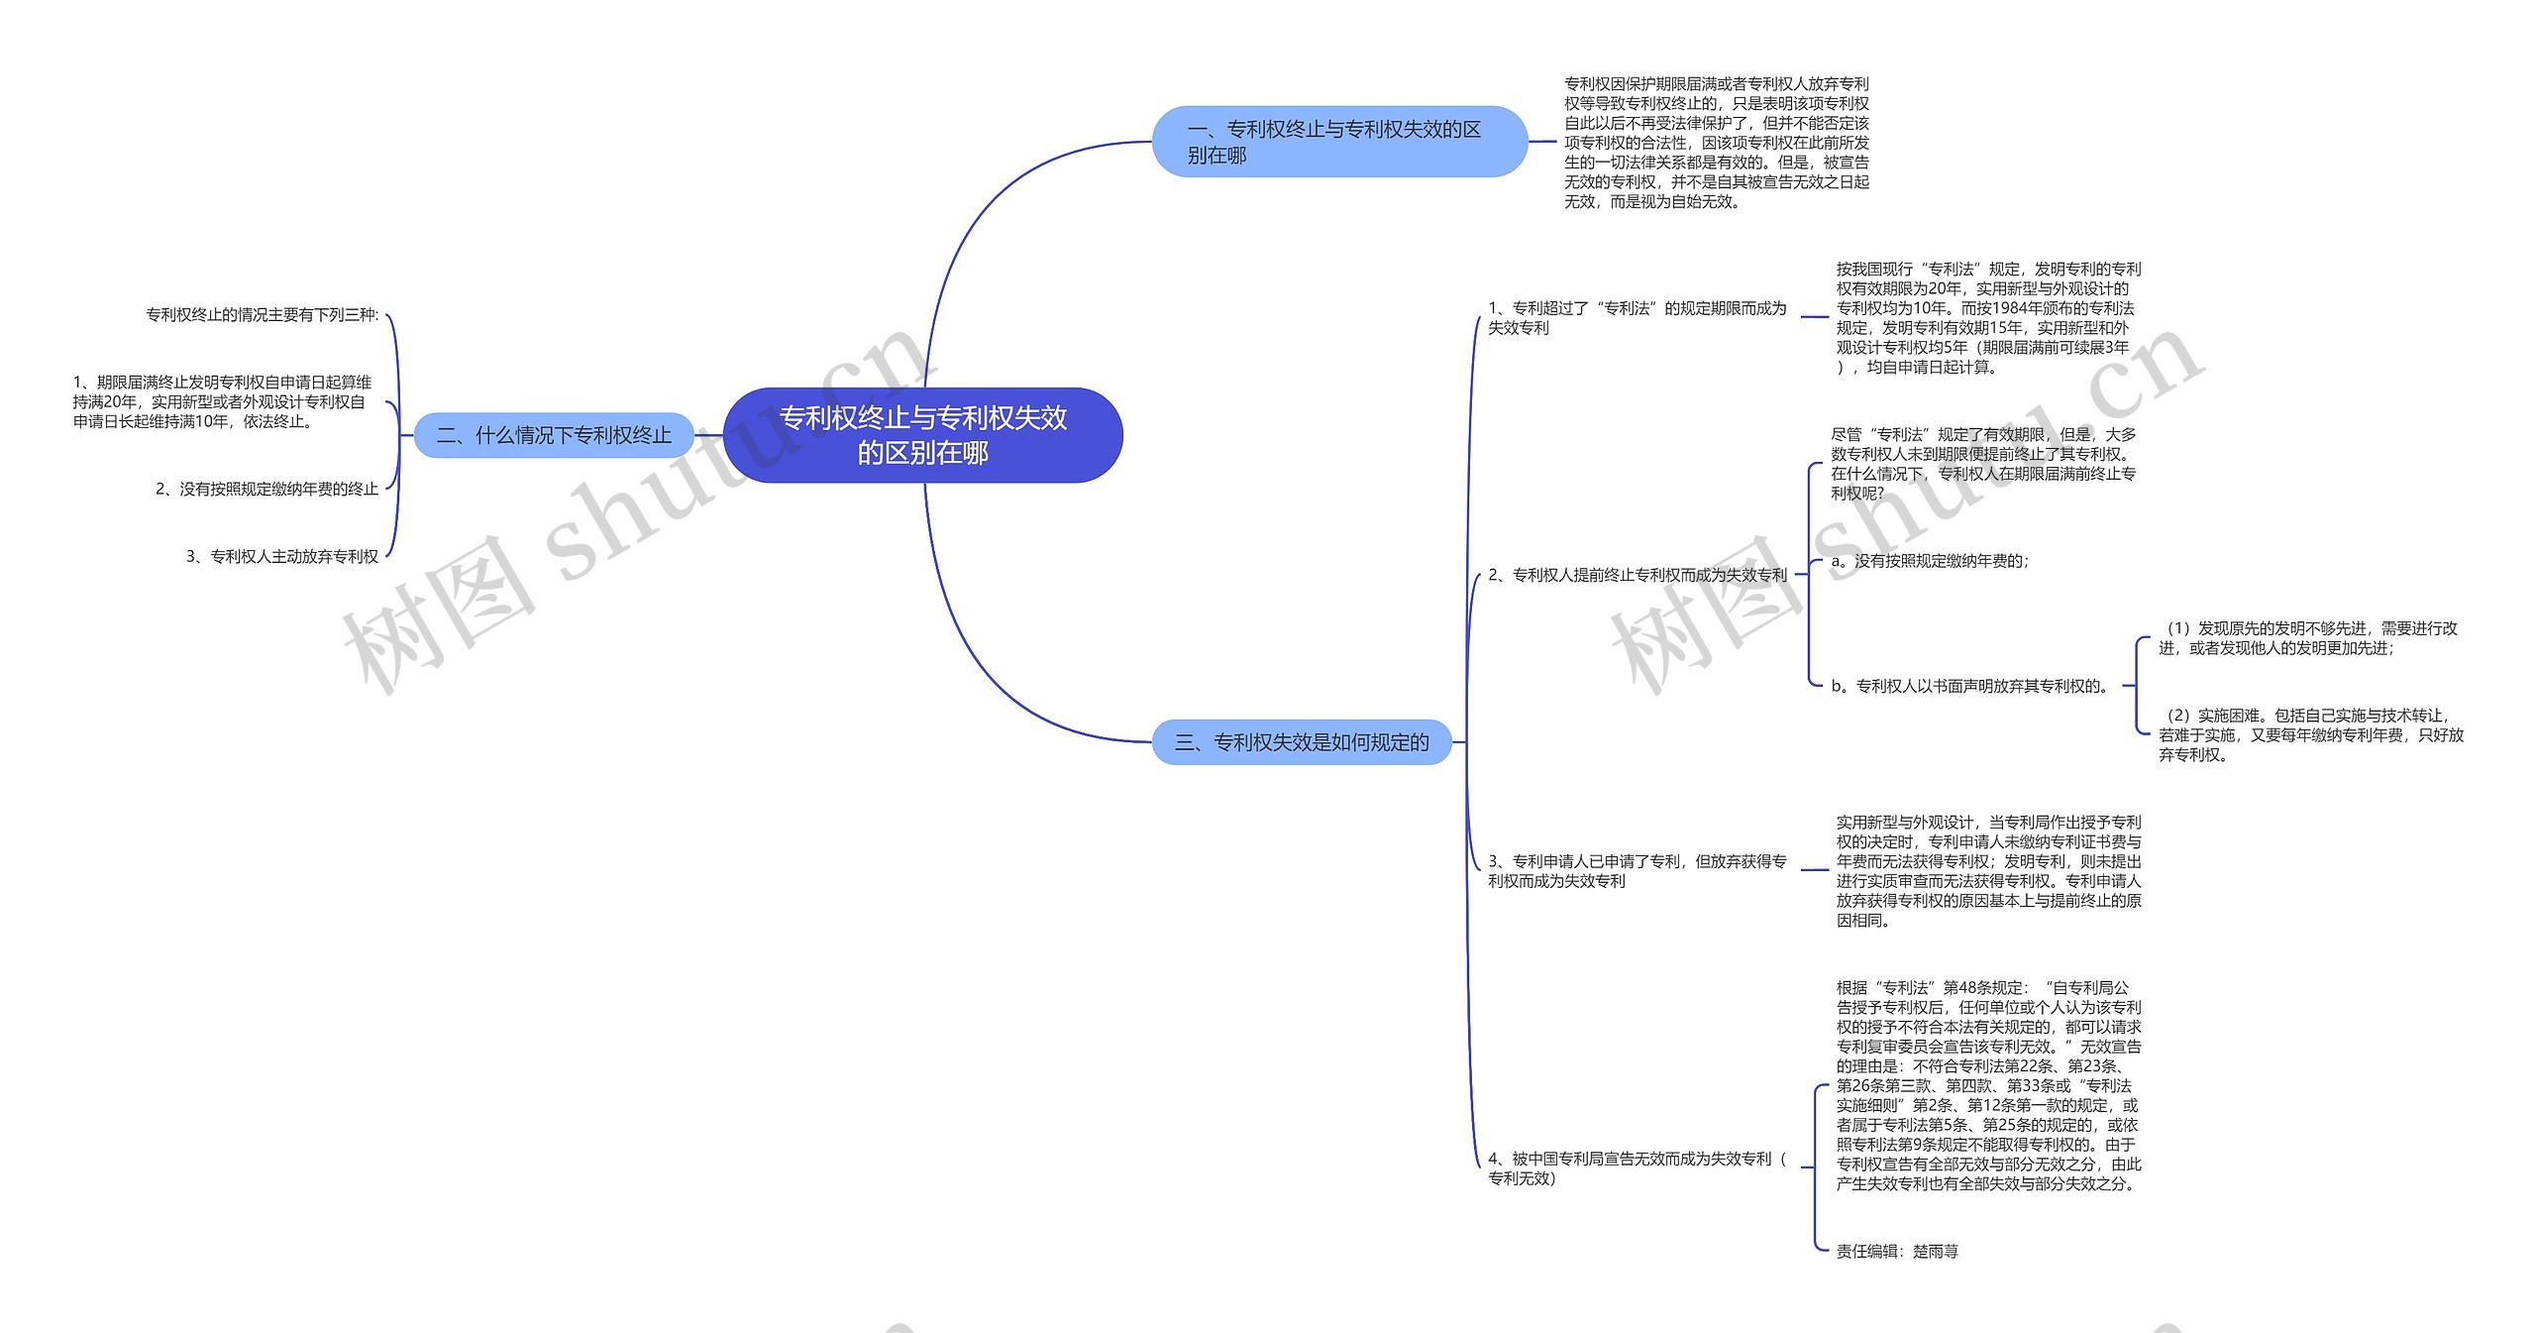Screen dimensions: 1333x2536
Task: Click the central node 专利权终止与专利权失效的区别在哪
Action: coord(922,435)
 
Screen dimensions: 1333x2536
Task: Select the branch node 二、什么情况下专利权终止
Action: coord(554,435)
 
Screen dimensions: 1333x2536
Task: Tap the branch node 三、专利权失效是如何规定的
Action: coord(1301,742)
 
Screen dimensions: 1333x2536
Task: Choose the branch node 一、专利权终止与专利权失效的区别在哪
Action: coord(1337,142)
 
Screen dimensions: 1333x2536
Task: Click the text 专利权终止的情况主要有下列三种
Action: coord(263,315)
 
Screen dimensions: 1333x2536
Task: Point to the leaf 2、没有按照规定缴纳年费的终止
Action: coord(266,489)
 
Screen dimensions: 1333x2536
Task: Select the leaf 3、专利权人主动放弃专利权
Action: coord(282,557)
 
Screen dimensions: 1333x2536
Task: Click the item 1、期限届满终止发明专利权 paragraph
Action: coord(222,401)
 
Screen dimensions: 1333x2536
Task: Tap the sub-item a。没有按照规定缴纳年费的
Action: coord(1929,561)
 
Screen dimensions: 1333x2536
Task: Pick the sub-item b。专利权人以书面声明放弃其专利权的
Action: coord(1970,686)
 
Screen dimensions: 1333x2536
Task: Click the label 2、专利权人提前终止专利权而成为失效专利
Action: coord(1637,575)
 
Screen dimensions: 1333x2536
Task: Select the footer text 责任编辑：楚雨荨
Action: coord(1896,1252)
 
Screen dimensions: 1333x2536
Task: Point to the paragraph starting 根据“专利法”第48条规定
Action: coord(1987,1085)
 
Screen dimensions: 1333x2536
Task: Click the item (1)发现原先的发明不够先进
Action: coord(2307,638)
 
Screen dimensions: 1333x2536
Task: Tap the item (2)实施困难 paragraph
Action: coord(2310,734)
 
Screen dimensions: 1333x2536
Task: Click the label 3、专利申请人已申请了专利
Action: coord(1637,871)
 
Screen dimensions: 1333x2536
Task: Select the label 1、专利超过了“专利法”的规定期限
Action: coord(1637,318)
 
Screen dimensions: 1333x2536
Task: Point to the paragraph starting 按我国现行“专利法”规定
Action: coord(1987,318)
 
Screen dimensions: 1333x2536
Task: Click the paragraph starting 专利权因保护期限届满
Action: coord(1716,143)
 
